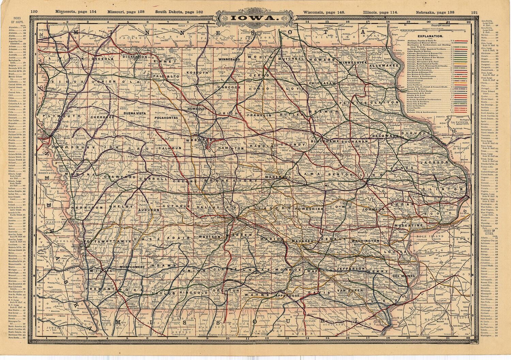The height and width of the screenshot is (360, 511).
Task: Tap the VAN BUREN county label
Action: (350, 290)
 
